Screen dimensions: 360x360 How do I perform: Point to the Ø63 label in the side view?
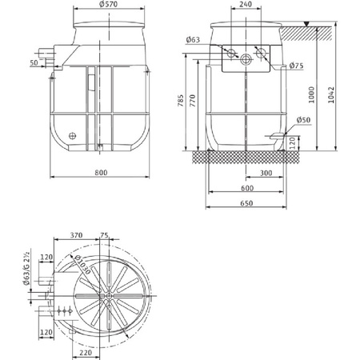192,39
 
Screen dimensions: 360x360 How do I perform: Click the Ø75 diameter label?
297,65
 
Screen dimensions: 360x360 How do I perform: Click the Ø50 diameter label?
303,121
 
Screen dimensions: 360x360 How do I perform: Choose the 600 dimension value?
247,188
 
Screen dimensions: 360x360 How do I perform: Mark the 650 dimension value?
249,205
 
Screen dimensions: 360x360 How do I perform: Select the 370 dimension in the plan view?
77,235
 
